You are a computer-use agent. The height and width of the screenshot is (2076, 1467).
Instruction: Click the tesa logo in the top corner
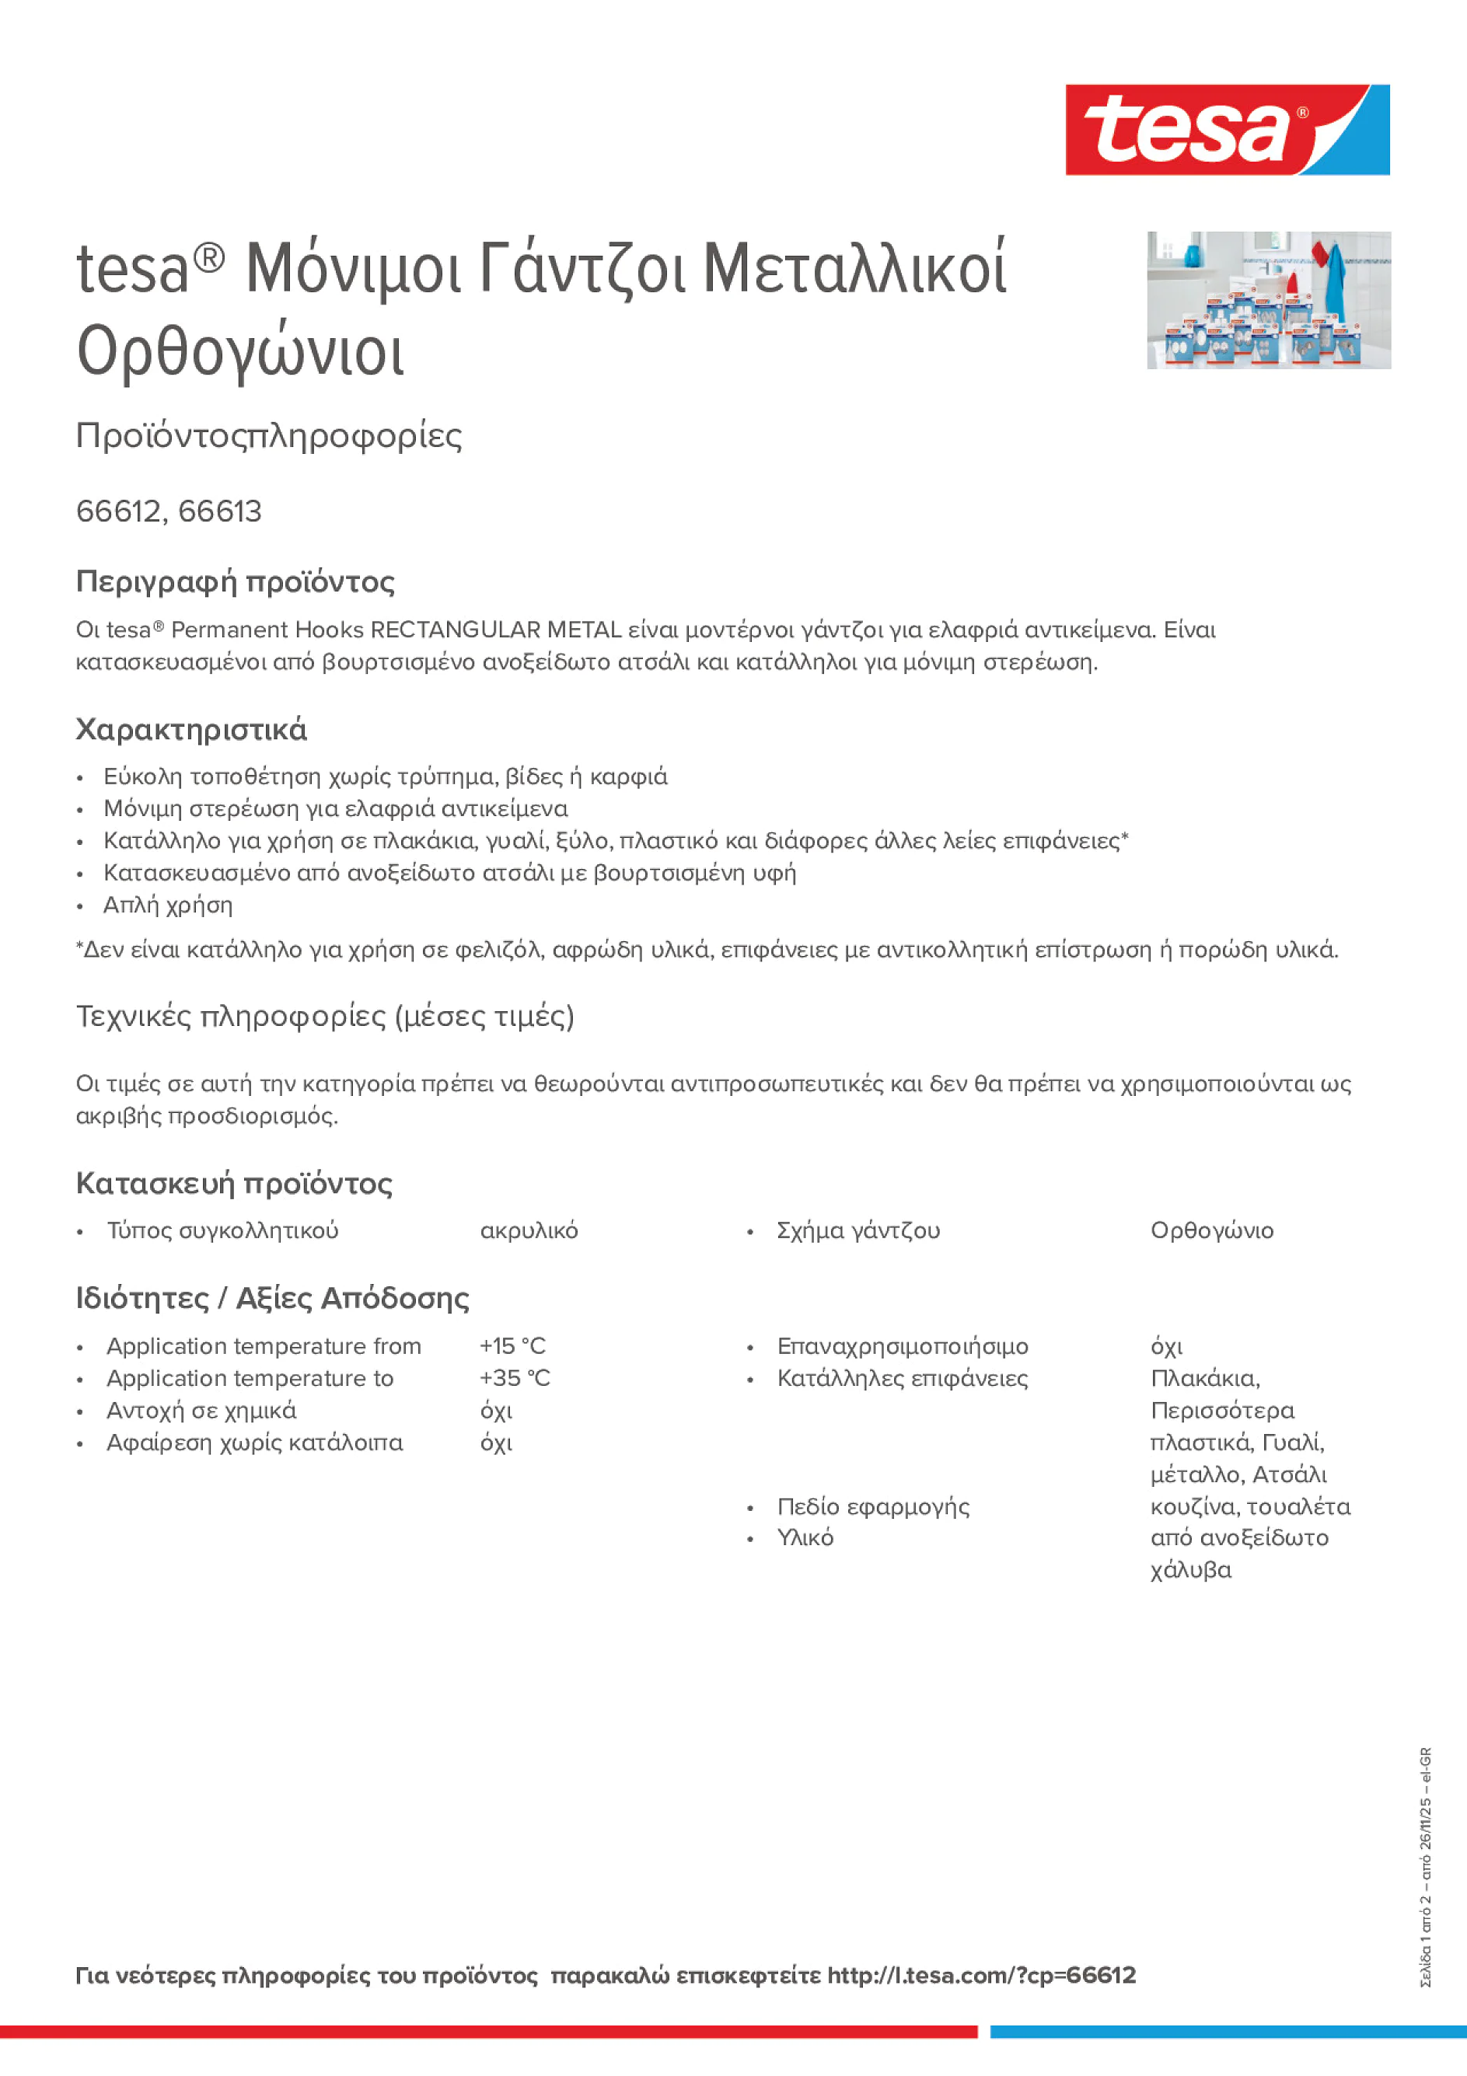(x=1227, y=131)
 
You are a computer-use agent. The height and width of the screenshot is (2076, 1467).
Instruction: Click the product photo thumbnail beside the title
(x=1268, y=300)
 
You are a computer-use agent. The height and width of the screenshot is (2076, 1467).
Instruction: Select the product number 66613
(x=220, y=511)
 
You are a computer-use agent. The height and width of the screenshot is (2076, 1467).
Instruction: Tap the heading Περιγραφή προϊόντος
(x=235, y=581)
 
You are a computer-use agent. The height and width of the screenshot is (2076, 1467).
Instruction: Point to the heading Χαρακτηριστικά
(x=190, y=730)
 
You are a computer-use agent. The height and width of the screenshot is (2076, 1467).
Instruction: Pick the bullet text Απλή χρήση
(x=167, y=905)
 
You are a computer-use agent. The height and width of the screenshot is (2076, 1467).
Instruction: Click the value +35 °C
(x=514, y=1378)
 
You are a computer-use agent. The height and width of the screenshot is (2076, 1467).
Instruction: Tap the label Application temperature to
(x=250, y=1378)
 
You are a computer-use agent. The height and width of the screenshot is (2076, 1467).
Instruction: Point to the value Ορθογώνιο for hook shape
(x=1211, y=1230)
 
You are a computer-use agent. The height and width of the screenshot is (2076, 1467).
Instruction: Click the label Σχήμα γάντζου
(x=857, y=1230)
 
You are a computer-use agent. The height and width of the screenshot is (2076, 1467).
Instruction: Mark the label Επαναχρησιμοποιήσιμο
(x=902, y=1346)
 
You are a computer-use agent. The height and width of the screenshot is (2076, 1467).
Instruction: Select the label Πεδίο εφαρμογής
(x=873, y=1506)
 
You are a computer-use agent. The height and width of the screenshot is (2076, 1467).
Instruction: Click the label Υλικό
(x=805, y=1538)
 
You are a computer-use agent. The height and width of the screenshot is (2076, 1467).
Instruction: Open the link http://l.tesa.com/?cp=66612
(x=980, y=1975)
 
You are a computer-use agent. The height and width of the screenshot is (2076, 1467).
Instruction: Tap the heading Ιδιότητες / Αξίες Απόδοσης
(x=272, y=1299)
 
